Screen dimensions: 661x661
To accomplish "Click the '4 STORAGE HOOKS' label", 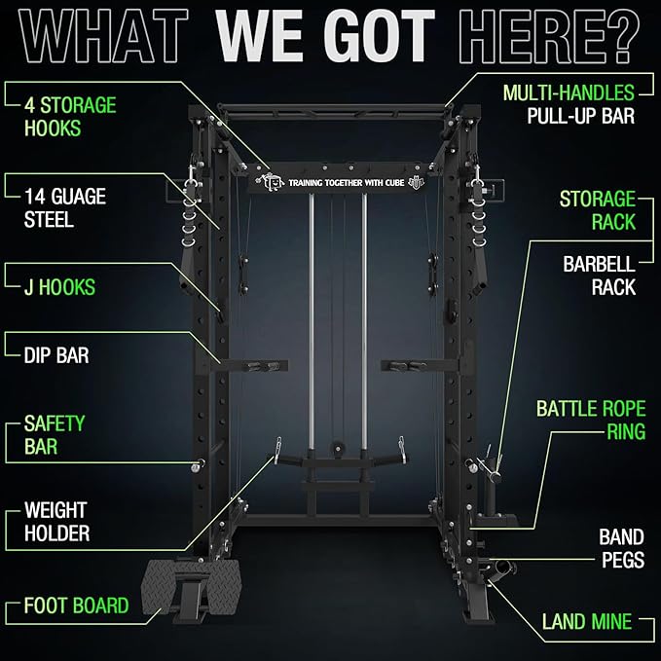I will (x=71, y=116).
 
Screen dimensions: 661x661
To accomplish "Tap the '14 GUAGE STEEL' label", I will (x=64, y=208).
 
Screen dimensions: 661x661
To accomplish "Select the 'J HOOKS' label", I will (x=59, y=288).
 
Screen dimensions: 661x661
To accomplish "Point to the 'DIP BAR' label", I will (x=55, y=355).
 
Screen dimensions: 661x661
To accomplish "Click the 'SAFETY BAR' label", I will (x=55, y=435).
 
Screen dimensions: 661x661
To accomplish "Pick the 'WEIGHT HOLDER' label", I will (x=56, y=521).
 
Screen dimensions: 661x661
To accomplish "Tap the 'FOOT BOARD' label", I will (x=76, y=606).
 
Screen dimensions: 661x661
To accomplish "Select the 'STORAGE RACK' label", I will (x=597, y=210).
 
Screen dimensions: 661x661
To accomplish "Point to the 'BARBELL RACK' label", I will (x=599, y=275).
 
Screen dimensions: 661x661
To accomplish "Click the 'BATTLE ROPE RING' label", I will (x=590, y=420).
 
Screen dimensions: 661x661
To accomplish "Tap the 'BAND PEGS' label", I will (x=620, y=548).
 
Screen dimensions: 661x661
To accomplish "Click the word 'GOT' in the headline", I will (x=369, y=39).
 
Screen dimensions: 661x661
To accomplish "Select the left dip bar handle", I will (x=264, y=366).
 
